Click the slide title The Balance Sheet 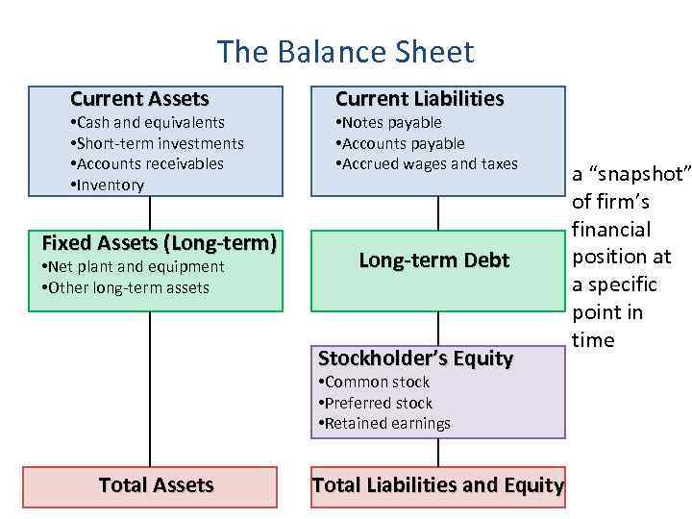345,51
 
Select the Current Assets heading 139,99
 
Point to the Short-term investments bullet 157,143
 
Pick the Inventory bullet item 107,185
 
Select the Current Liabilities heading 419,99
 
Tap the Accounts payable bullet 400,143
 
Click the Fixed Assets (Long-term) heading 159,243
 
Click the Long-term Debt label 433,260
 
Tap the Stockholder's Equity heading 415,358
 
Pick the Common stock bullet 373,382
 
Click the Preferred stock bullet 375,403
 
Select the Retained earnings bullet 383,423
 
